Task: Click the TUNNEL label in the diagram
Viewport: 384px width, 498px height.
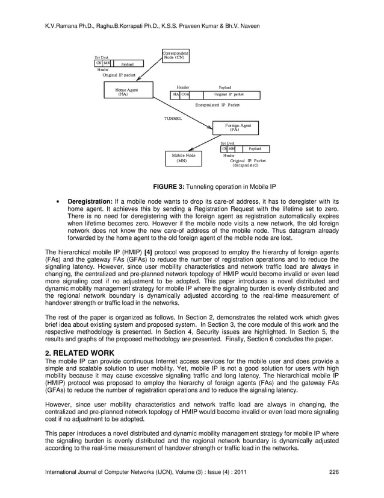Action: coord(173,118)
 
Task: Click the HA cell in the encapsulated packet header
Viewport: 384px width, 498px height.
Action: coord(176,95)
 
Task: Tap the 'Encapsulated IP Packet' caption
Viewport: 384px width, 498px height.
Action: coord(217,105)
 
